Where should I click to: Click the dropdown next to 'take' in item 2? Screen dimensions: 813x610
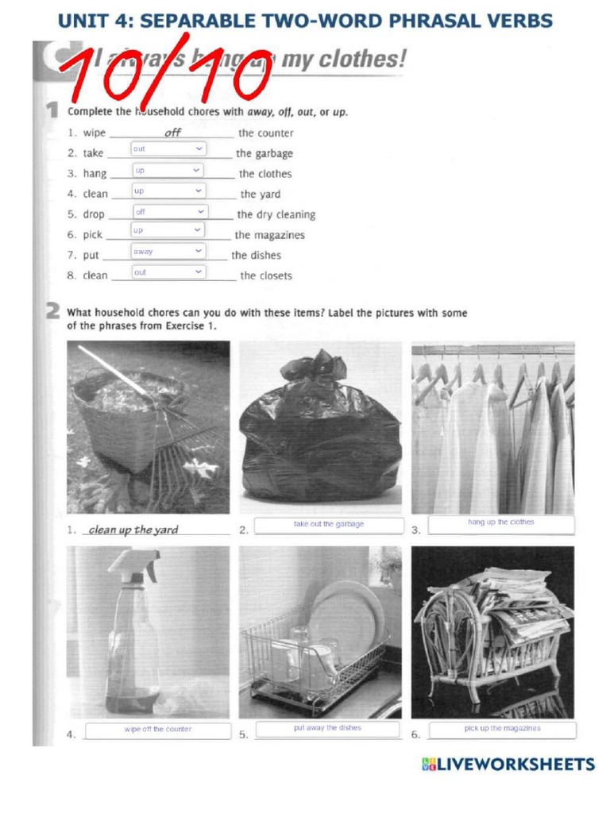[x=168, y=149]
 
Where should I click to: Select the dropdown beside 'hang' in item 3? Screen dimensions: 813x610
[x=168, y=170]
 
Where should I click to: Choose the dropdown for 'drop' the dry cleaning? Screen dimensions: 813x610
[x=169, y=212]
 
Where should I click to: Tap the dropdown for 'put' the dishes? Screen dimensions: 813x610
[x=168, y=252]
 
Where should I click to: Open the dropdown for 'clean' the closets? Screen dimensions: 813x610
[x=168, y=272]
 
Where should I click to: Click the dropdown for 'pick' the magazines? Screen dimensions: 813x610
[x=168, y=230]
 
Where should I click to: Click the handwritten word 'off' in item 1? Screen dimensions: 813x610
[x=172, y=133]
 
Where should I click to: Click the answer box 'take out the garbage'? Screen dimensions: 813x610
[x=329, y=525]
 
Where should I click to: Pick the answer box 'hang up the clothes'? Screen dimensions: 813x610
[x=500, y=524]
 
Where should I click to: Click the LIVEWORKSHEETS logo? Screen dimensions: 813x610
[x=508, y=765]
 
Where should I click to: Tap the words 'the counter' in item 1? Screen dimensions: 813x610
[x=265, y=133]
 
